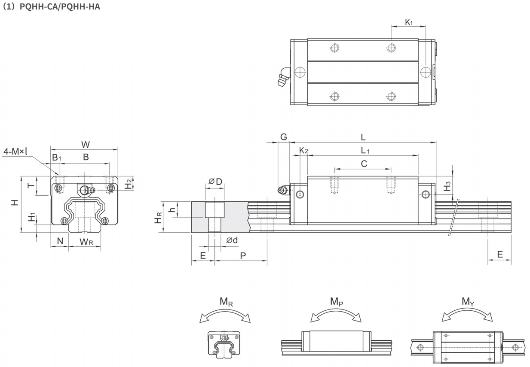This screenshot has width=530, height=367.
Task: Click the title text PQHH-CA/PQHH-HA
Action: (x=60, y=6)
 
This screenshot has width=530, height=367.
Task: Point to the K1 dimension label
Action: (x=409, y=22)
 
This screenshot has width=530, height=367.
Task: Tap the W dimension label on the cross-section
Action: (x=86, y=144)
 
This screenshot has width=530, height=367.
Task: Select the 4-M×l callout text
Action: (x=15, y=151)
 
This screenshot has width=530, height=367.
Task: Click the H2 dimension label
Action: (x=128, y=184)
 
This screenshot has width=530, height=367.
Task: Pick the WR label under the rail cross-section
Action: (x=86, y=242)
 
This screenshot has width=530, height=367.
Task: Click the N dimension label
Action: (x=60, y=241)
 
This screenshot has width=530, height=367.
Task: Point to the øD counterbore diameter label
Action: (x=215, y=182)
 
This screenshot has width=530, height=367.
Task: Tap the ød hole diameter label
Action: (x=232, y=240)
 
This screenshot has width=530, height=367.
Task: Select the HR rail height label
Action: (x=158, y=218)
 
